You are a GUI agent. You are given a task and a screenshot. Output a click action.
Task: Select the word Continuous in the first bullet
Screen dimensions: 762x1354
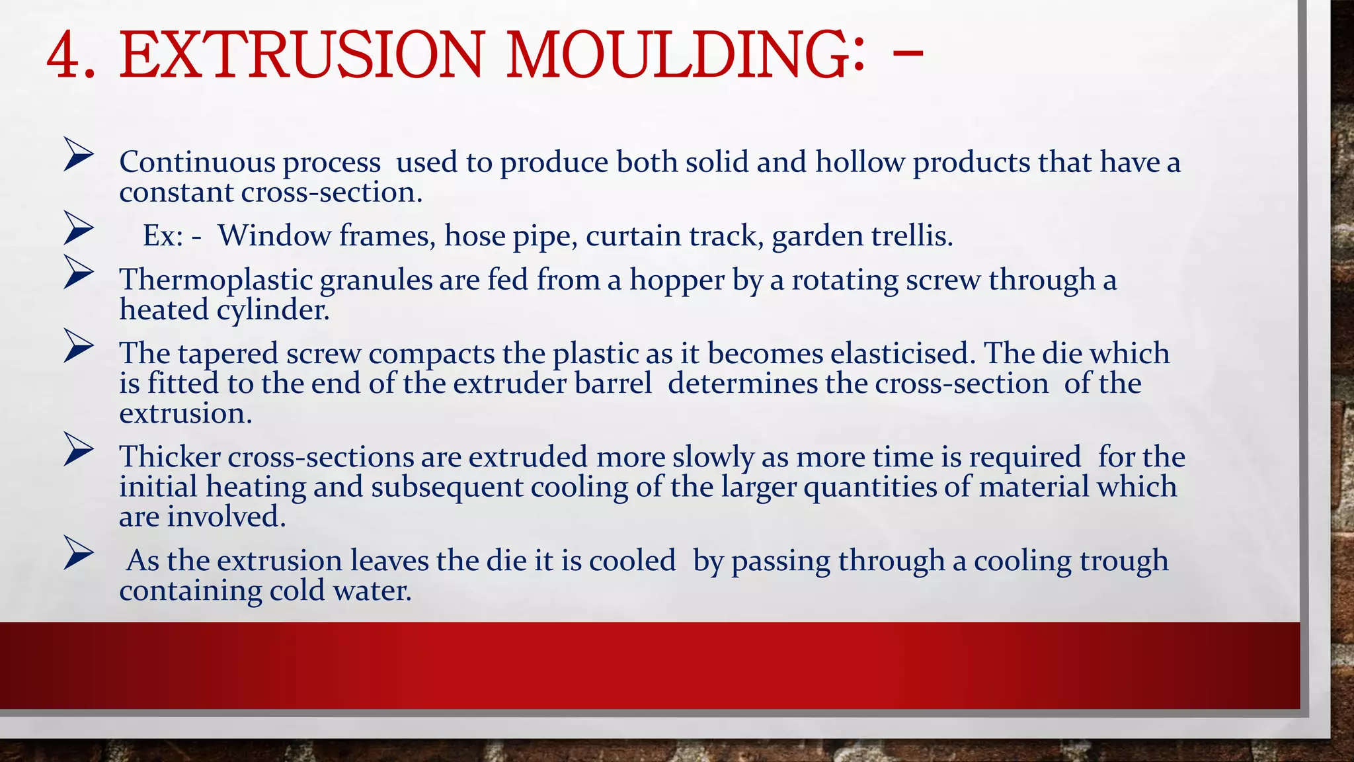tap(196, 163)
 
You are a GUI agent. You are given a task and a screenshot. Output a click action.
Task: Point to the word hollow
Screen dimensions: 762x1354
tap(859, 163)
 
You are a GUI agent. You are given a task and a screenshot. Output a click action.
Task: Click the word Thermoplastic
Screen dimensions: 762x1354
tap(216, 280)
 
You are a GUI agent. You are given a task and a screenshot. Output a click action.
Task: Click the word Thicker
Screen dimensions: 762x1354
tap(170, 457)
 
